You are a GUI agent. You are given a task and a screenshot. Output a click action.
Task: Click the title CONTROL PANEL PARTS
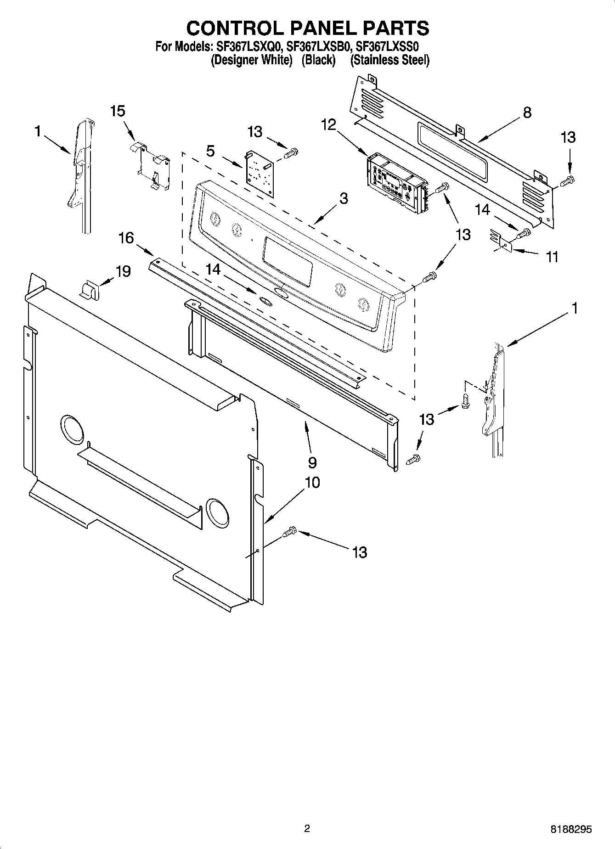(x=307, y=28)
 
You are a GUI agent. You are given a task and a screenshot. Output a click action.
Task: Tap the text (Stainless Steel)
(x=389, y=60)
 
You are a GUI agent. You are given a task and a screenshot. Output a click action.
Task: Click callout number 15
(x=118, y=111)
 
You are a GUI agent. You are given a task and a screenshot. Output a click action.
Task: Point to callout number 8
(x=527, y=112)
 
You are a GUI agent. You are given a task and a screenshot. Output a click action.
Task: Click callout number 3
(x=344, y=198)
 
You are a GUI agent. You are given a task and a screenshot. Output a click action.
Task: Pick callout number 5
(x=210, y=151)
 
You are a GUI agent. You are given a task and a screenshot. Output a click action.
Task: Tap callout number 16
(x=126, y=237)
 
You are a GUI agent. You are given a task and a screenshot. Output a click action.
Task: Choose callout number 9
(x=312, y=462)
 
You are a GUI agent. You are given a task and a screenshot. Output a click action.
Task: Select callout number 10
(x=312, y=482)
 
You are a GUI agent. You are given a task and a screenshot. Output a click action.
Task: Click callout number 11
(x=552, y=257)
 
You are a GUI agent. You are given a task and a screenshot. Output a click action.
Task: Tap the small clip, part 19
(x=89, y=291)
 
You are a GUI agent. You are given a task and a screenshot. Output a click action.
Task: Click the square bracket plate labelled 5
(x=260, y=173)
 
